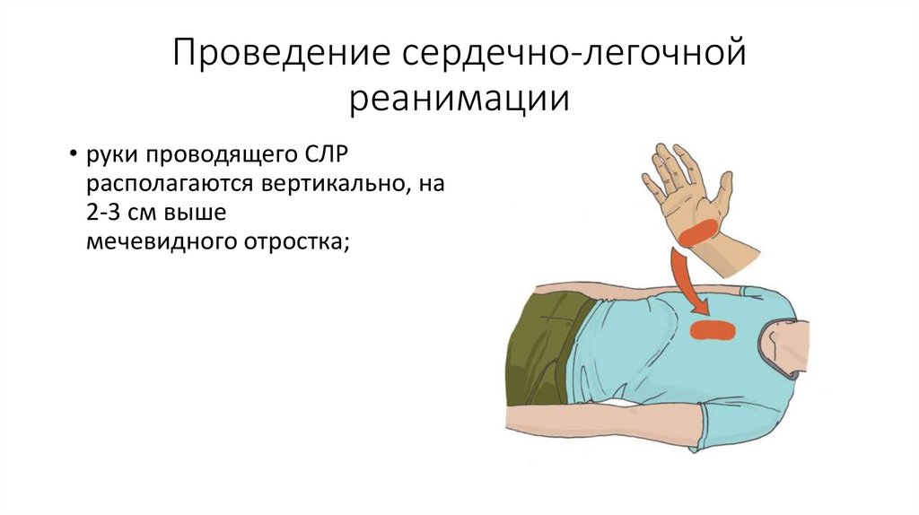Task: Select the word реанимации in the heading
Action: (x=459, y=97)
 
